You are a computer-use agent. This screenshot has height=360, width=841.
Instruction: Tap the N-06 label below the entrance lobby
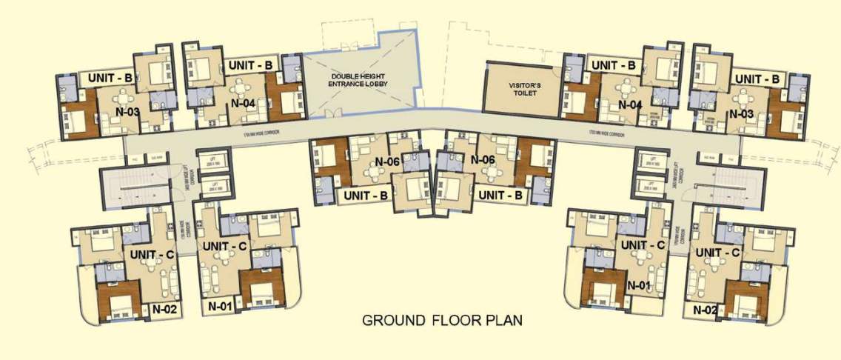(388, 161)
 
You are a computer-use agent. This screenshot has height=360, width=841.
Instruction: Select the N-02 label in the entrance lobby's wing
(166, 308)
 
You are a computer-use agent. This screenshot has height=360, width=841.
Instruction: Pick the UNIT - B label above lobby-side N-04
(251, 65)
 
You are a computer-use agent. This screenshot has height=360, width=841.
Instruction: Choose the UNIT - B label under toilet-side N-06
(501, 195)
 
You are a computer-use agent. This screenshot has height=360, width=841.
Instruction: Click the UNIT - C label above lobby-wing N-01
(225, 245)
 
